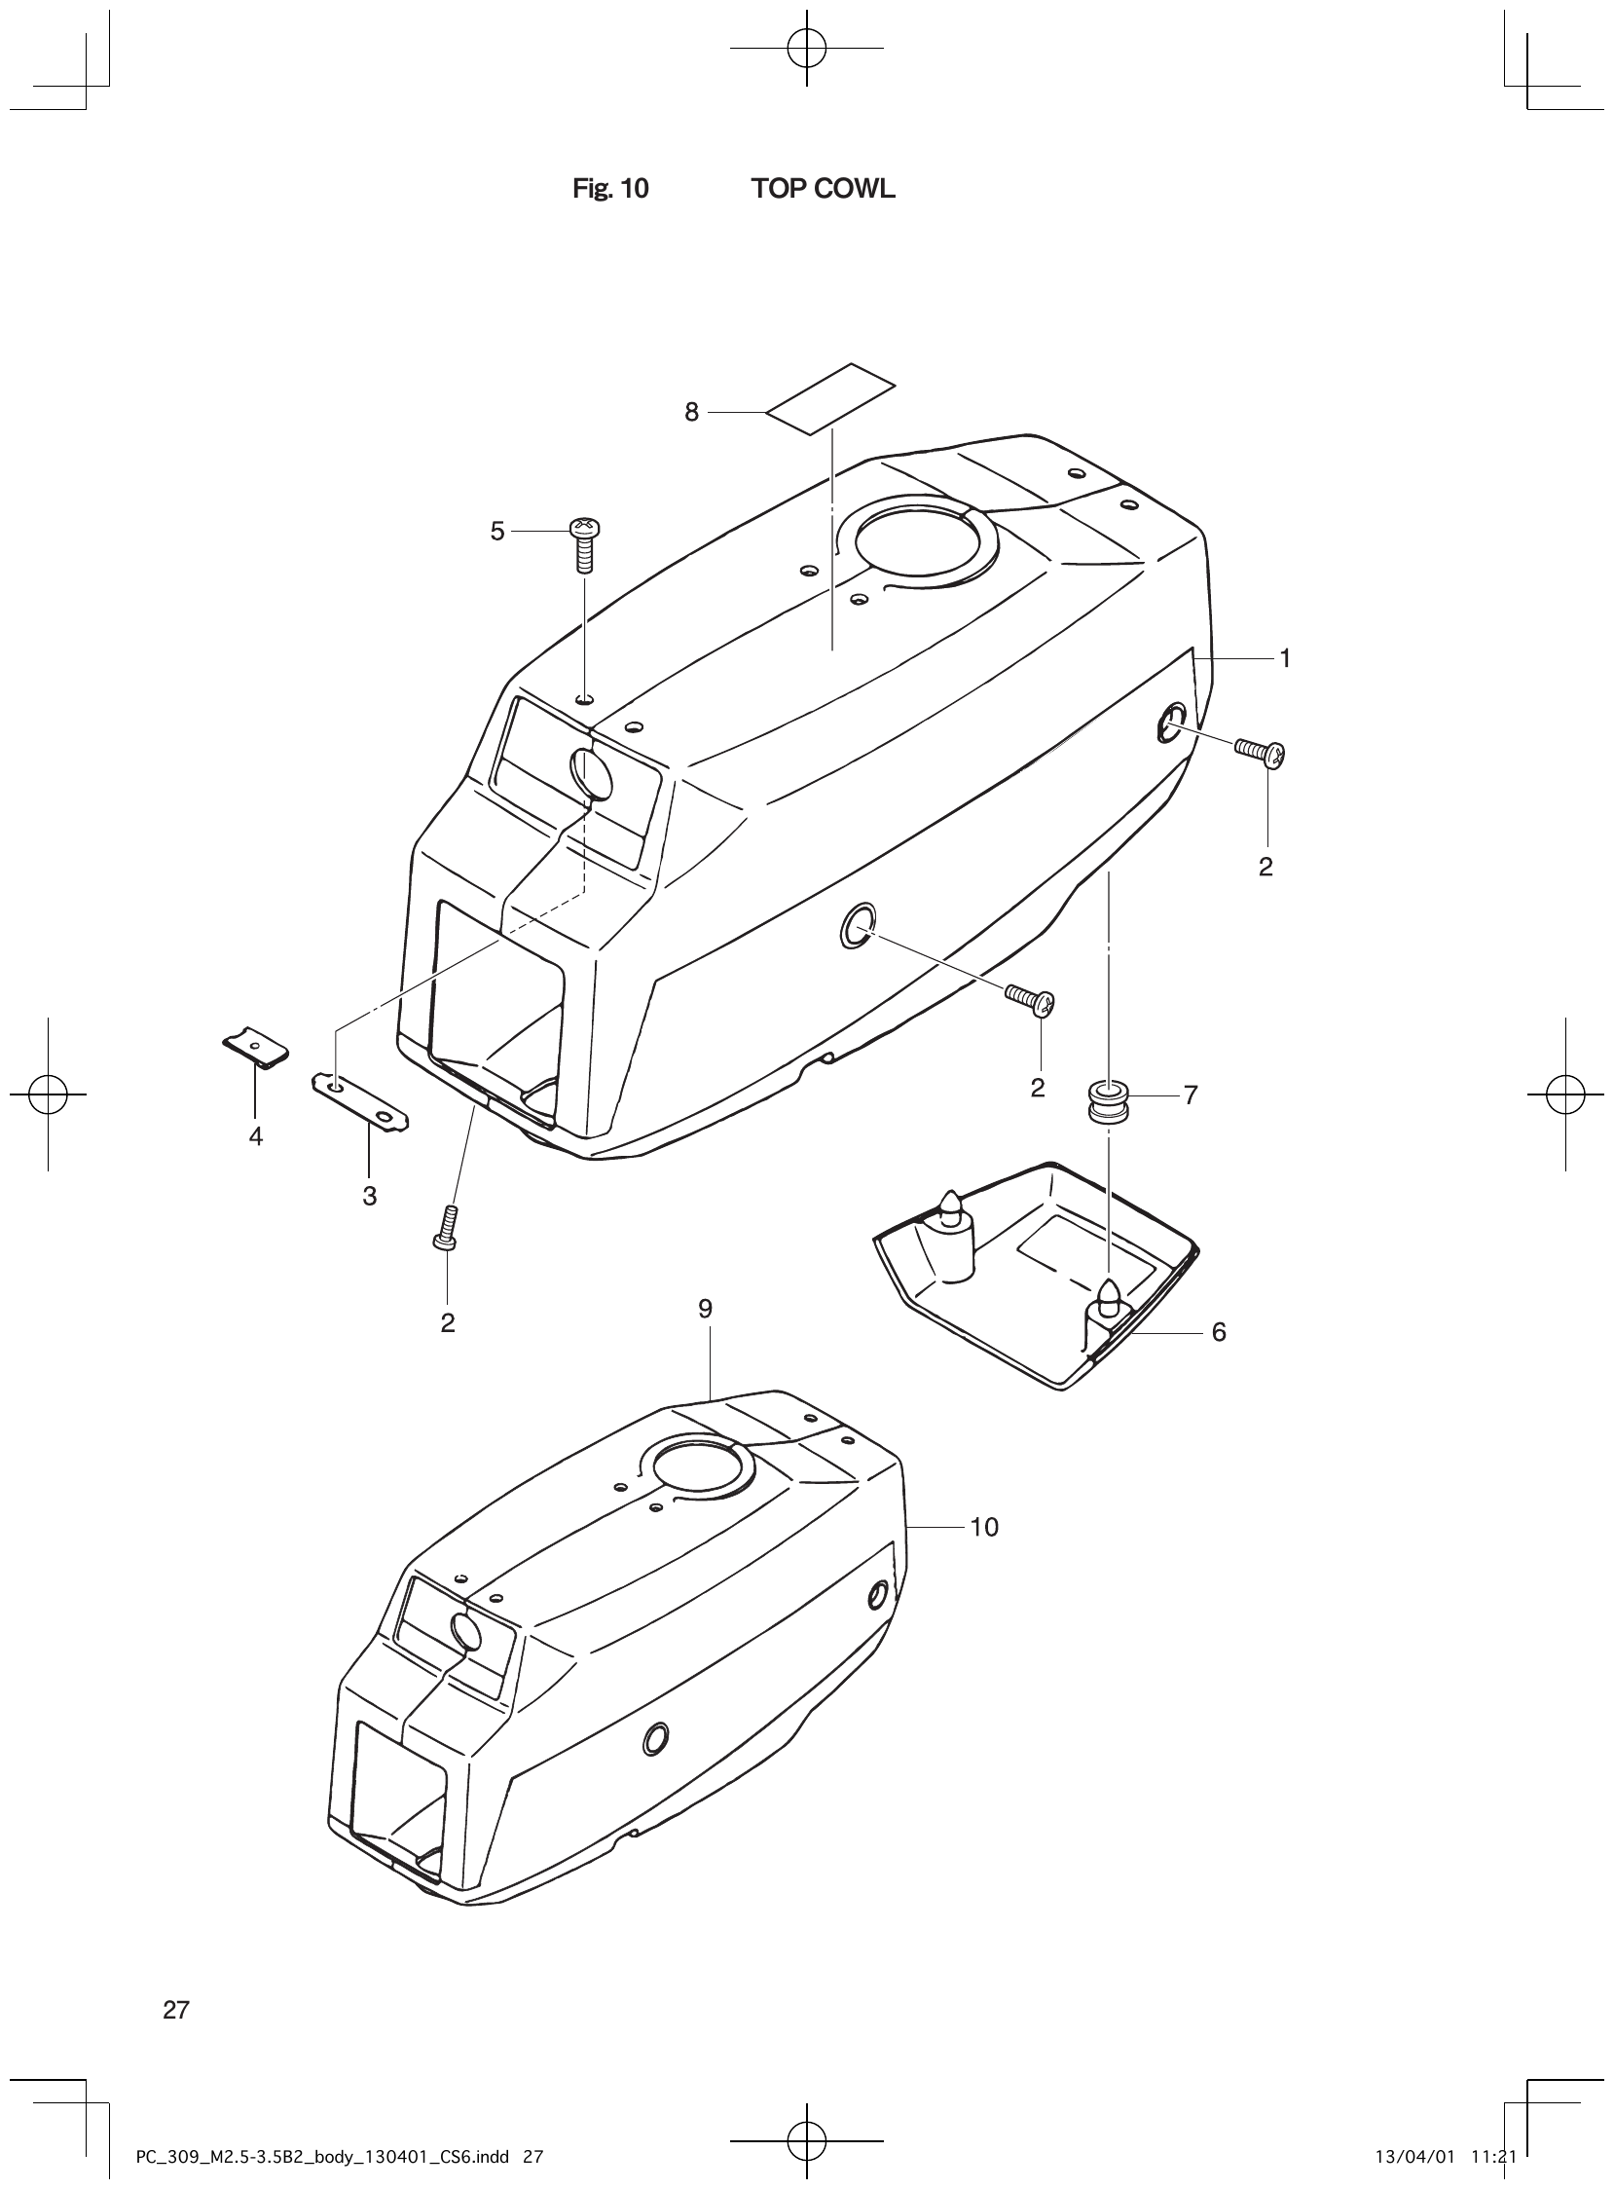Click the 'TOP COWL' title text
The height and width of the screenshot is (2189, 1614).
coord(823,189)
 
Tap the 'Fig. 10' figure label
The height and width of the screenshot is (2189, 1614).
coord(610,189)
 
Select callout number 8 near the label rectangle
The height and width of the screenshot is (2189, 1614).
coord(692,413)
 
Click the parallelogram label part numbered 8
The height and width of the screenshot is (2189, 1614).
coord(830,394)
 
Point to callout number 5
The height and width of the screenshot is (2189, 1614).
coord(497,532)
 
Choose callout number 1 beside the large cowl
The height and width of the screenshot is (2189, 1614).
coord(1286,659)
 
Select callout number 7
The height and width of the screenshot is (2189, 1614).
coord(1190,1095)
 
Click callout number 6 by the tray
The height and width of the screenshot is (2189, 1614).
coord(1219,1332)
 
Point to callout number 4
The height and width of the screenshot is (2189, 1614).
coord(256,1136)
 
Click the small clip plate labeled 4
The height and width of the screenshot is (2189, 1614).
coord(254,1047)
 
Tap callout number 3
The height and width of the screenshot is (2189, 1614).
coord(369,1196)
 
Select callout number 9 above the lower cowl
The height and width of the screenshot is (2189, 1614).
coord(706,1309)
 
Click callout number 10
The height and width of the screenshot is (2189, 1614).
coord(984,1528)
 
